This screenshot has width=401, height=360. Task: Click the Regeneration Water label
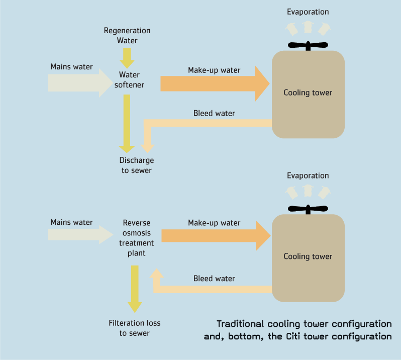click(127, 35)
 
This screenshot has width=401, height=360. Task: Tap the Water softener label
click(129, 79)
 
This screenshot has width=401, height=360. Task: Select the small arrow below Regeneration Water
click(127, 57)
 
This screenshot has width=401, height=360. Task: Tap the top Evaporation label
click(308, 12)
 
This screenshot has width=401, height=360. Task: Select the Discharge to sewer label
click(136, 165)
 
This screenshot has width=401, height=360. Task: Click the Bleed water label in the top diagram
click(214, 113)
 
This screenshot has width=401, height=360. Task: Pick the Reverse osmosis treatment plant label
click(136, 238)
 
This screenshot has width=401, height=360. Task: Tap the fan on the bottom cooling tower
click(307, 208)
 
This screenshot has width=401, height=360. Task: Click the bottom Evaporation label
click(308, 175)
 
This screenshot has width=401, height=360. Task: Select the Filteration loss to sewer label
click(135, 328)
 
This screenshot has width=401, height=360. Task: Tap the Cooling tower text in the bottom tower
click(308, 256)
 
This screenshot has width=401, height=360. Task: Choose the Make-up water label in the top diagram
click(214, 70)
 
